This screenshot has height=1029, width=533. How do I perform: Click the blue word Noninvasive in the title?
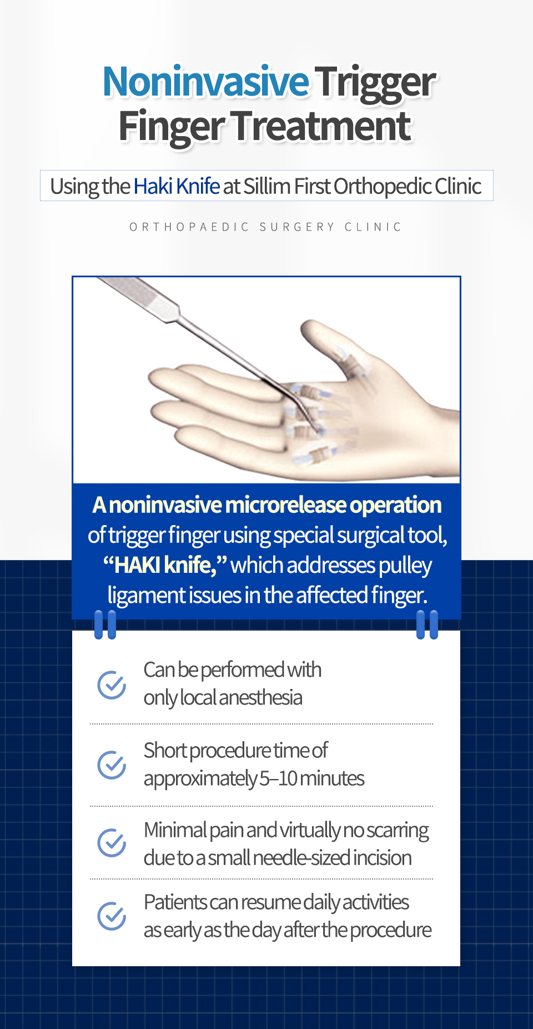click(x=206, y=81)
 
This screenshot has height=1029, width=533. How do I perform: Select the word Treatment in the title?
click(x=322, y=126)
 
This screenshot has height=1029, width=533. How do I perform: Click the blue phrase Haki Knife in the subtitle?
click(x=177, y=186)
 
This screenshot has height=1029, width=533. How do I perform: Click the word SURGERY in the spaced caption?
click(x=297, y=227)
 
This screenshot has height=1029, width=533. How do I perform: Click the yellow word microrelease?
click(x=285, y=504)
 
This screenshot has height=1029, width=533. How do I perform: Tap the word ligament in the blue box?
click(x=146, y=595)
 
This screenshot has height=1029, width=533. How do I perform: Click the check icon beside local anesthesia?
click(x=112, y=685)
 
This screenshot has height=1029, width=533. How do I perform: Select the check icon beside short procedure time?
click(x=112, y=765)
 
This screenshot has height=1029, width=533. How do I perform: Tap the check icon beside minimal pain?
click(x=112, y=843)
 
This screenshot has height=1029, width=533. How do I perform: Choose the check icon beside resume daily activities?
click(x=112, y=916)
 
